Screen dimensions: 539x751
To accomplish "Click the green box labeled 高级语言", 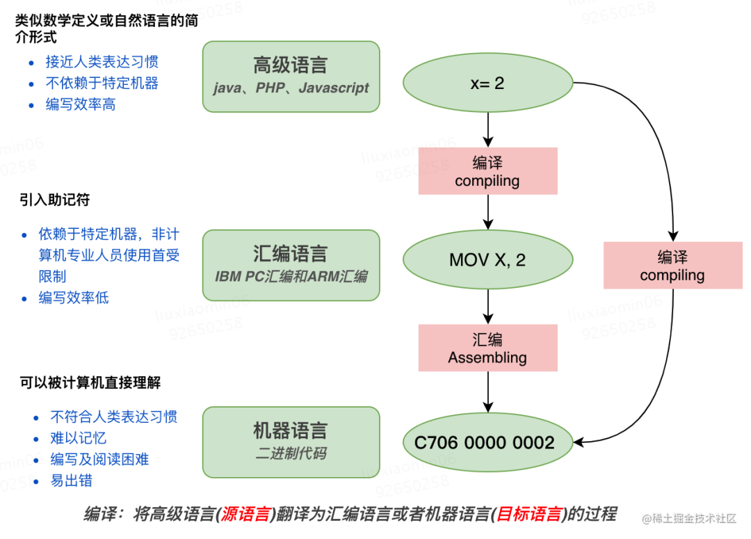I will point(291,76).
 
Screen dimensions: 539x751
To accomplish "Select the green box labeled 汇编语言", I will point(291,264).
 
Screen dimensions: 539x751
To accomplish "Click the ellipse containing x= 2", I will point(487,83).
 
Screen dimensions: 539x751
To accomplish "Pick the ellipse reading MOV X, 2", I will point(487,260).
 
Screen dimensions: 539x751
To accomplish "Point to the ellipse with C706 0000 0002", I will point(487,442).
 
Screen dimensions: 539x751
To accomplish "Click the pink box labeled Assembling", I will point(487,348).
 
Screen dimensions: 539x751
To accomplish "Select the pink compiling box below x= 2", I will point(487,171).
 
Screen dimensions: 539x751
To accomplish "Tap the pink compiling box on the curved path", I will point(672,265).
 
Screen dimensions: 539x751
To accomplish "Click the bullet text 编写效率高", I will point(81,104).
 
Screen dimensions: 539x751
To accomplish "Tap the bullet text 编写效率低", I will point(74,298).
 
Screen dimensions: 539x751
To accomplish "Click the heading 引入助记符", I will point(54,200).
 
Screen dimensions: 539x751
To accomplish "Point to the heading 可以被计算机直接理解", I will point(91,383).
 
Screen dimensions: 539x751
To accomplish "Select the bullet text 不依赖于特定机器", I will point(102,83).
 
